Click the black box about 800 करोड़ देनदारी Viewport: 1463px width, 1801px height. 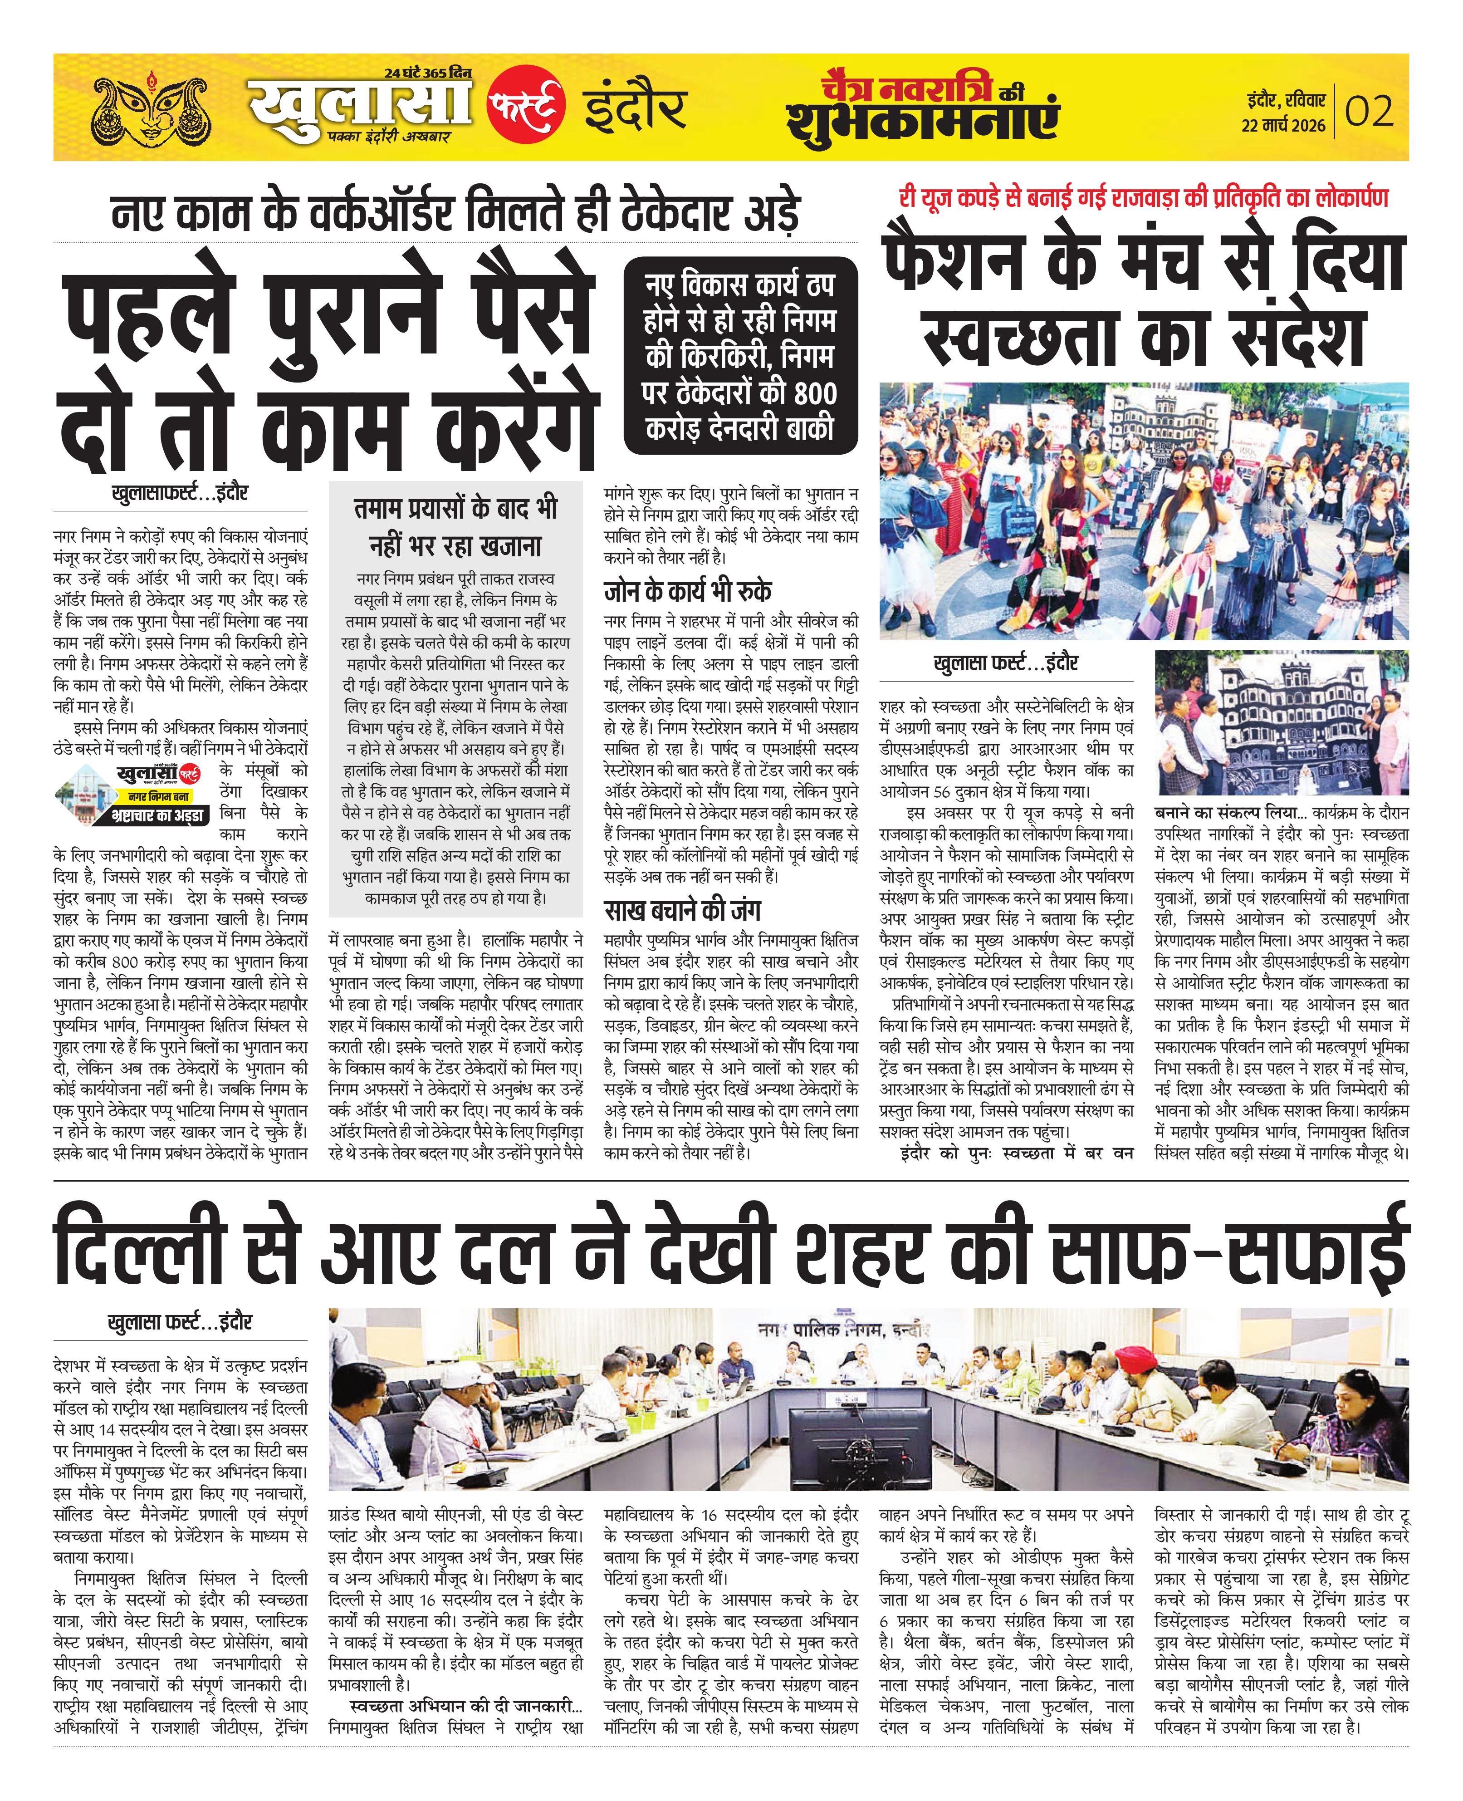tap(740, 356)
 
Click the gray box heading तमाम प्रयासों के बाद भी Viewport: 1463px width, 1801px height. tap(455, 509)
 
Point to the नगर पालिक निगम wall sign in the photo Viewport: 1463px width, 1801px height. tap(843, 1330)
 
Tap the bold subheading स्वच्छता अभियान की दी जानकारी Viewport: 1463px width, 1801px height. tap(465, 1706)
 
